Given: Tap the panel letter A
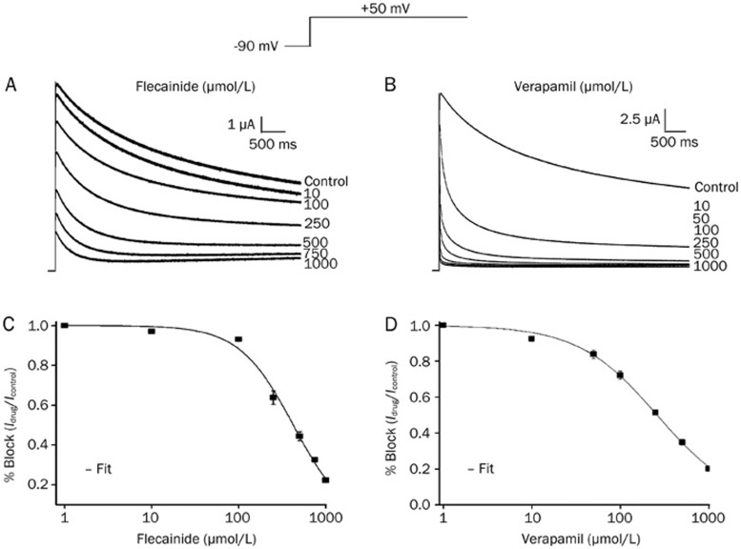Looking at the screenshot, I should coord(10,84).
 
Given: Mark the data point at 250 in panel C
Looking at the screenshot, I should coord(273,397).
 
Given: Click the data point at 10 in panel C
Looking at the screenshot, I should coord(151,331).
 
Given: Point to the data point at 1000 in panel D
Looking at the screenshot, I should coord(708,468).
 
